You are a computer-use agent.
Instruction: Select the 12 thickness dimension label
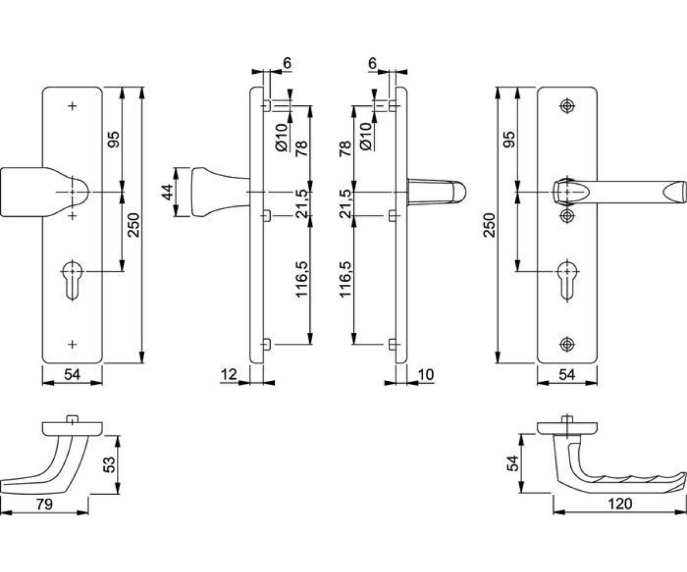point(228,375)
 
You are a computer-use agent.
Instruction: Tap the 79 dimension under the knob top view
point(45,504)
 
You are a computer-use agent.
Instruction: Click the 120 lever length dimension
point(621,504)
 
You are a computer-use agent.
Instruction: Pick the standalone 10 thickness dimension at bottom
point(427,375)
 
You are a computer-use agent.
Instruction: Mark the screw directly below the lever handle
point(567,215)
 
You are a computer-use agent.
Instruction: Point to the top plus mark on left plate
point(72,106)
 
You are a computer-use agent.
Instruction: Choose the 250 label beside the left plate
point(133,224)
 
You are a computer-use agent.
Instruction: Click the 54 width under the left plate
point(72,375)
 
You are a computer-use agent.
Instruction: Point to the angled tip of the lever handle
point(678,192)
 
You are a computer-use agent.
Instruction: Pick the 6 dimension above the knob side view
point(287,63)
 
